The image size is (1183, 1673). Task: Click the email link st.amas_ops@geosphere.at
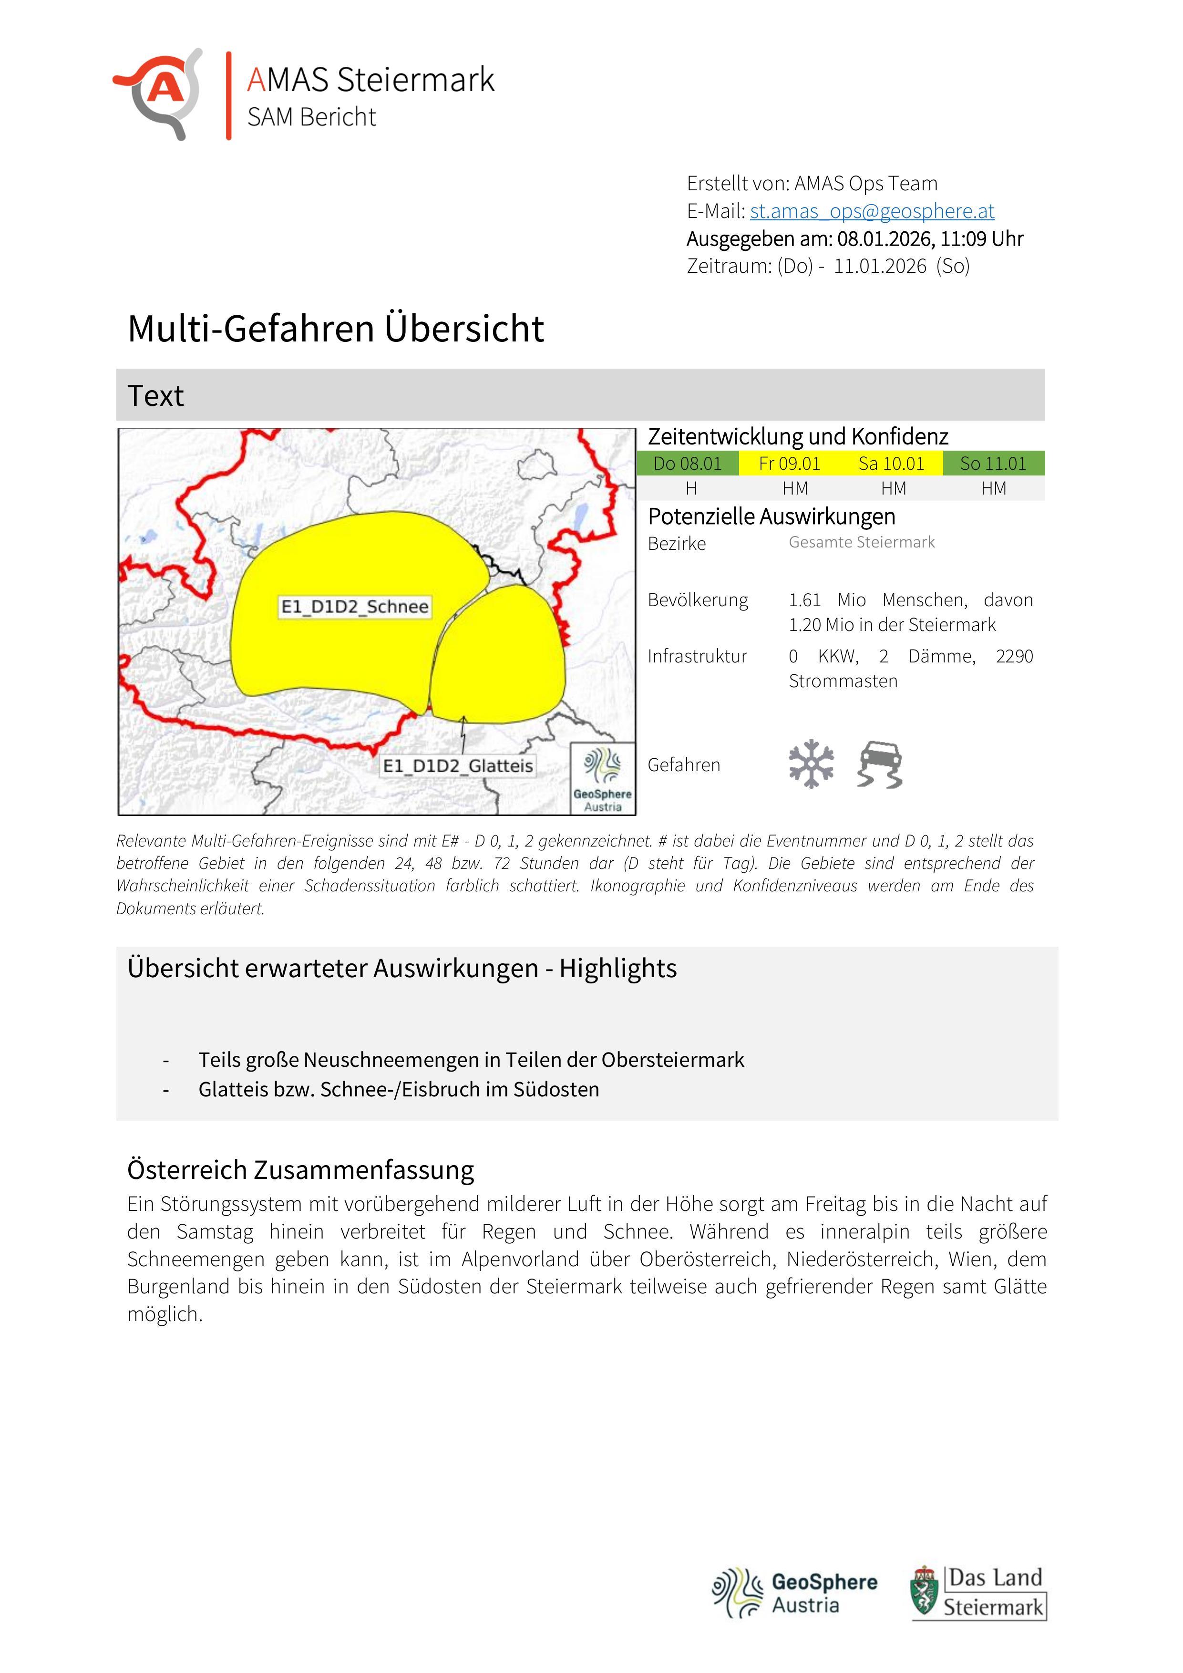872,211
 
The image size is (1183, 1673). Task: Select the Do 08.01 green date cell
687,464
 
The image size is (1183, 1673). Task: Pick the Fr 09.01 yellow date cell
789,464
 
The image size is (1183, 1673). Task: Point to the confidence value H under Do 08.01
691,488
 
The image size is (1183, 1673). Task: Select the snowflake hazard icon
811,764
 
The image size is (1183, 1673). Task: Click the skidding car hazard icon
880,764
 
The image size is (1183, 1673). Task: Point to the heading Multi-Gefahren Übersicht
335,329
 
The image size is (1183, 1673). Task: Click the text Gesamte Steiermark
861,542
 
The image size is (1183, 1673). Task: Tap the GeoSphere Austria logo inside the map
602,777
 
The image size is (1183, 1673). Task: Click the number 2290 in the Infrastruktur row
1014,657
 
